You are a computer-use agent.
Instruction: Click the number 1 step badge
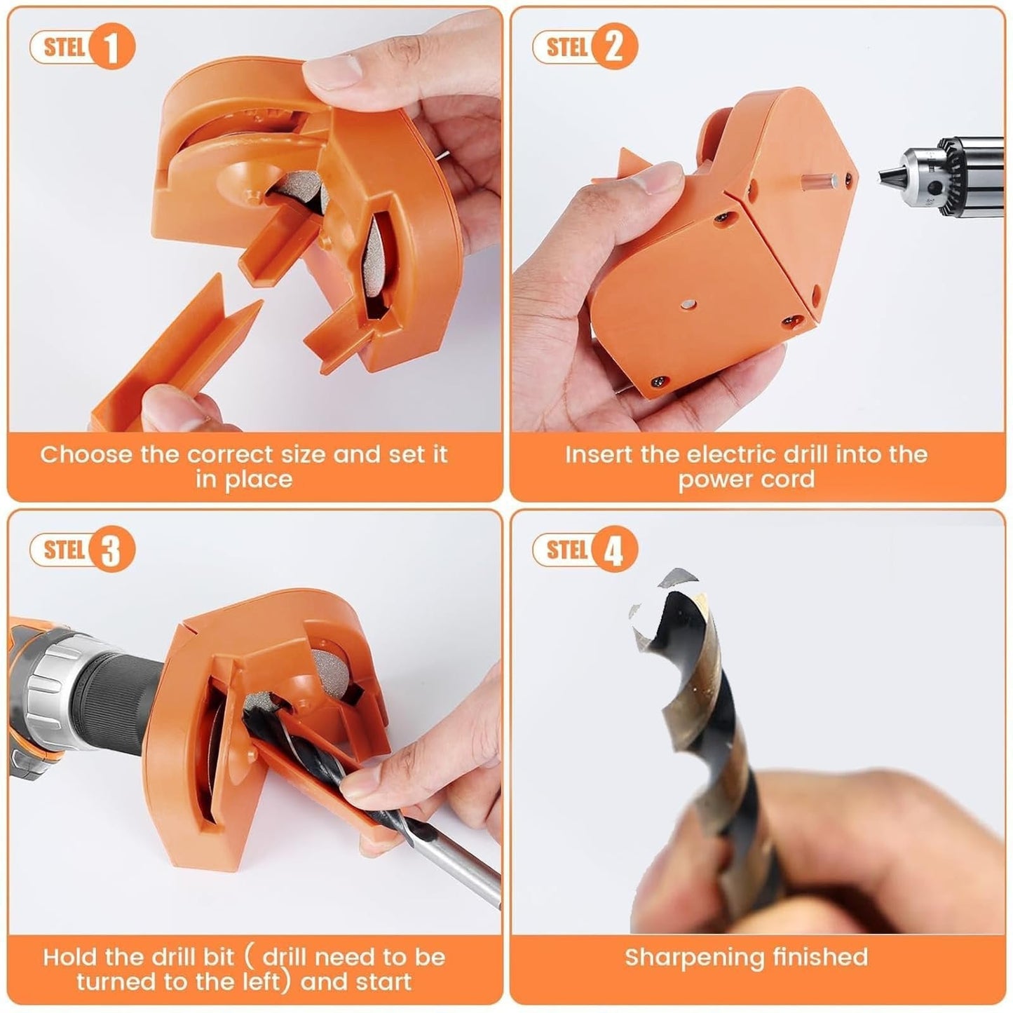click(111, 48)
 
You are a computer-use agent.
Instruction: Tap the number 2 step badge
click(614, 48)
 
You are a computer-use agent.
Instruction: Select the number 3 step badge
click(111, 550)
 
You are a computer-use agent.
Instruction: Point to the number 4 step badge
click(614, 550)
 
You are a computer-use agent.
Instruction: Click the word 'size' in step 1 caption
click(303, 454)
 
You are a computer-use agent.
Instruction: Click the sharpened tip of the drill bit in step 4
click(666, 596)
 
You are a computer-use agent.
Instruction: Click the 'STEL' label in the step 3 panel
click(64, 550)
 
